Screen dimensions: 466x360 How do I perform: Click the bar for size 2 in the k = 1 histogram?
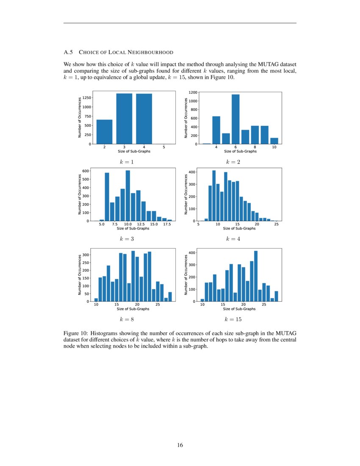pos(104,132)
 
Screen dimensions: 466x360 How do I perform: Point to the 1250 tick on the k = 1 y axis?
pos(87,97)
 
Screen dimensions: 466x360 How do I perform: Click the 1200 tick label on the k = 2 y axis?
pos(193,92)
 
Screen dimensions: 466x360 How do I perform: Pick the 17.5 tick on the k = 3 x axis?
pos(167,225)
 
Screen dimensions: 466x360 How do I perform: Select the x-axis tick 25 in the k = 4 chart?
pos(276,225)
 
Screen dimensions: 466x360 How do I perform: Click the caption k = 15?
pos(233,319)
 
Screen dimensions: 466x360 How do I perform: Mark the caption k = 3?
pos(127,239)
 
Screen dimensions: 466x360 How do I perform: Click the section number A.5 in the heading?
pos(68,52)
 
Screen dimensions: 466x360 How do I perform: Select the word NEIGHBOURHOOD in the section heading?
pos(154,52)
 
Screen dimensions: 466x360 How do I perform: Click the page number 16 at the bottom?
pos(180,445)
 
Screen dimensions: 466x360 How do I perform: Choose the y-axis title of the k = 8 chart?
pos(80,275)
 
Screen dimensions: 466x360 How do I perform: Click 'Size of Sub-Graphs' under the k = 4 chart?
pos(239,229)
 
